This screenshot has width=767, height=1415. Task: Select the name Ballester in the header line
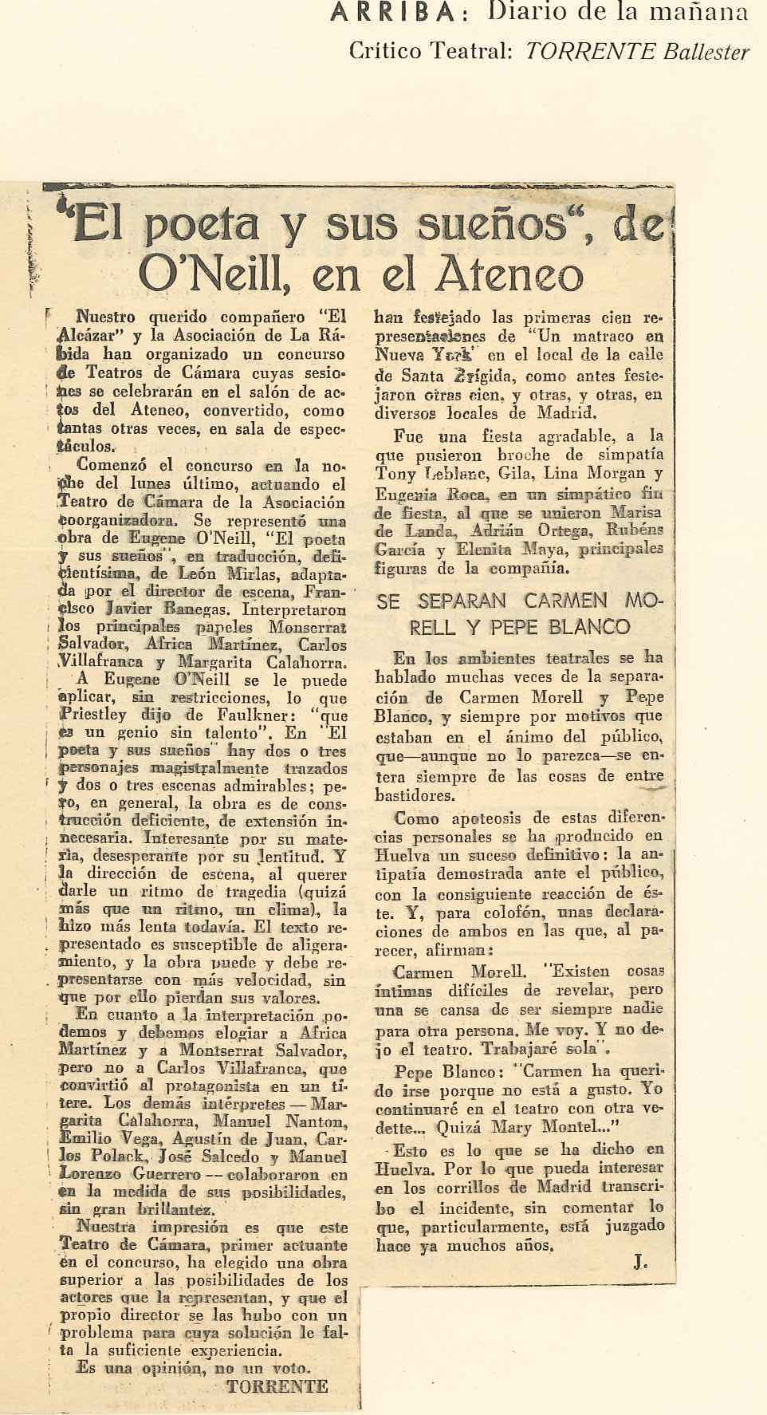coord(703,52)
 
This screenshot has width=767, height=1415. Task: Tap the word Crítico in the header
coord(384,52)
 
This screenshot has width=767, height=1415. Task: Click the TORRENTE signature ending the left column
coord(277,1385)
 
